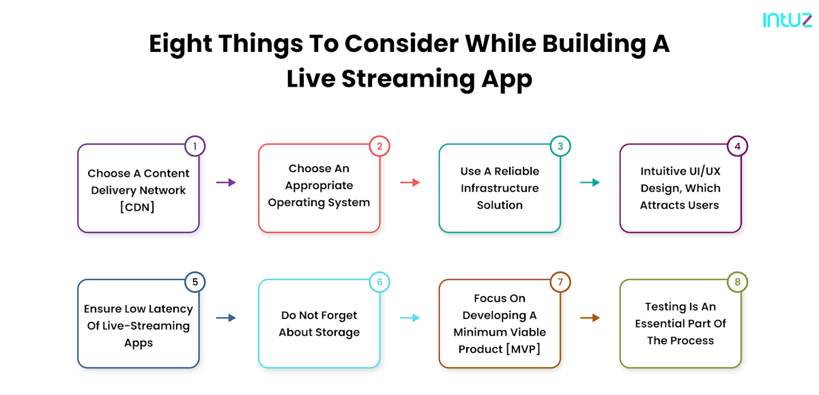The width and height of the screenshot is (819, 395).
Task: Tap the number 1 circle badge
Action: click(195, 146)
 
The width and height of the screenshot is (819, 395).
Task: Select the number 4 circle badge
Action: click(737, 146)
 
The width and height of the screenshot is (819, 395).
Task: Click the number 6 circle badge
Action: click(379, 282)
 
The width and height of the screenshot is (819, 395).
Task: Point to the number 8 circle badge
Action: click(737, 282)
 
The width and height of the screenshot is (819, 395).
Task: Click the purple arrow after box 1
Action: click(226, 182)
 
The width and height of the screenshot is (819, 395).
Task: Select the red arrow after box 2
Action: click(409, 182)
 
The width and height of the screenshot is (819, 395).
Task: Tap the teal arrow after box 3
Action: click(590, 182)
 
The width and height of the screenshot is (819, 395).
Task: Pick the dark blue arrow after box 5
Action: click(226, 318)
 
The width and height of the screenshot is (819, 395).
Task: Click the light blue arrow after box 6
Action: click(409, 318)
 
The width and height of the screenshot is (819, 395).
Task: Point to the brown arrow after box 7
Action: click(590, 318)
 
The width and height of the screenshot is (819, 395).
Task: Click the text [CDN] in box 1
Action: click(139, 207)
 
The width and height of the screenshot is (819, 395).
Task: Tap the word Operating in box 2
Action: click(296, 203)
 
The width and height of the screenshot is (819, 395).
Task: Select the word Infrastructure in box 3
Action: click(500, 188)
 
